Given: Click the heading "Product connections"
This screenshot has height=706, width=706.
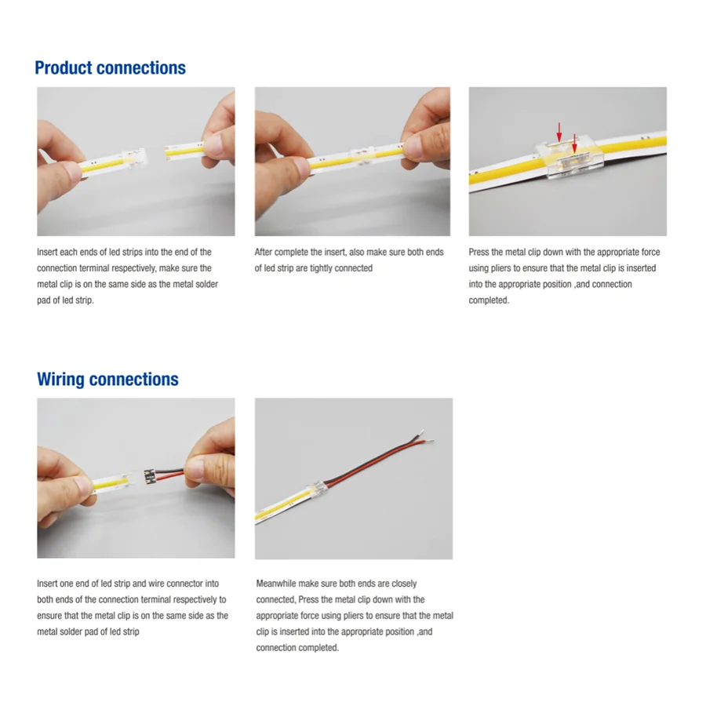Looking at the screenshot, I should tap(110, 68).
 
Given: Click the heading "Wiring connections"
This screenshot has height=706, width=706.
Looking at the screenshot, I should tap(107, 380).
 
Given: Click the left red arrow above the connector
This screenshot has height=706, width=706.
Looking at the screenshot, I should tap(559, 130).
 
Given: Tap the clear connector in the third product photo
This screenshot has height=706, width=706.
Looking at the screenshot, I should tap(566, 162).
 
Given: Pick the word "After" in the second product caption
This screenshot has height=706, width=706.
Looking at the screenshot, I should tap(265, 253).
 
